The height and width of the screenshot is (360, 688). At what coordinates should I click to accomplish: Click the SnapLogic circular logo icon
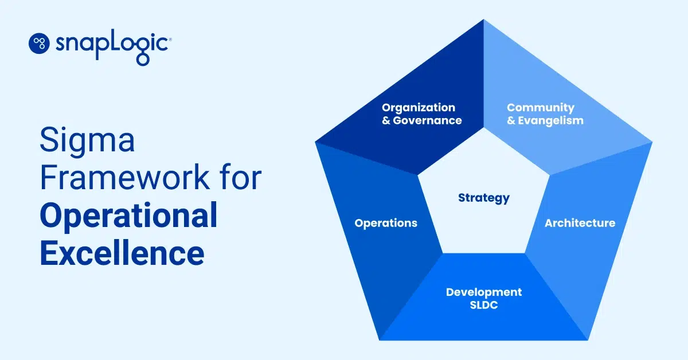pyautogui.click(x=40, y=43)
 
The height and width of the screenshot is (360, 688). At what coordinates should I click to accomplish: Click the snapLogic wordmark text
pyautogui.click(x=111, y=44)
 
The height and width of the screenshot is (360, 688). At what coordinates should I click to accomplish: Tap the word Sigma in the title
pyautogui.click(x=87, y=141)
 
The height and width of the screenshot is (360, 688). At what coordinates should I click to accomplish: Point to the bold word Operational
pyautogui.click(x=128, y=216)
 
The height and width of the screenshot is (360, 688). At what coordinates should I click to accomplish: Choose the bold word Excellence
pyautogui.click(x=122, y=253)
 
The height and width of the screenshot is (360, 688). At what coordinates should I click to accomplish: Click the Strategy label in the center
pyautogui.click(x=483, y=198)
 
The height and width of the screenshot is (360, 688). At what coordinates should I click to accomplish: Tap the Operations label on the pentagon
pyautogui.click(x=386, y=223)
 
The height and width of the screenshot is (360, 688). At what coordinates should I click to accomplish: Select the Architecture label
pyautogui.click(x=580, y=223)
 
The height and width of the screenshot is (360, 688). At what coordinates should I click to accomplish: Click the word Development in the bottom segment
pyautogui.click(x=484, y=292)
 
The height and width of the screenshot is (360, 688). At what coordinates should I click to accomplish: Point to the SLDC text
pyautogui.click(x=484, y=306)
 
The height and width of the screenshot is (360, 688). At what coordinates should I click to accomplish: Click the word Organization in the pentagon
pyautogui.click(x=419, y=108)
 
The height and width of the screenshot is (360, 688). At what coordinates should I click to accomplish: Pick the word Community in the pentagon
pyautogui.click(x=540, y=108)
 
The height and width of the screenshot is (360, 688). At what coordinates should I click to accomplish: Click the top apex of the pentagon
pyautogui.click(x=484, y=21)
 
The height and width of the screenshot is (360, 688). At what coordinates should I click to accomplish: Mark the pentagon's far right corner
pyautogui.click(x=651, y=142)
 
